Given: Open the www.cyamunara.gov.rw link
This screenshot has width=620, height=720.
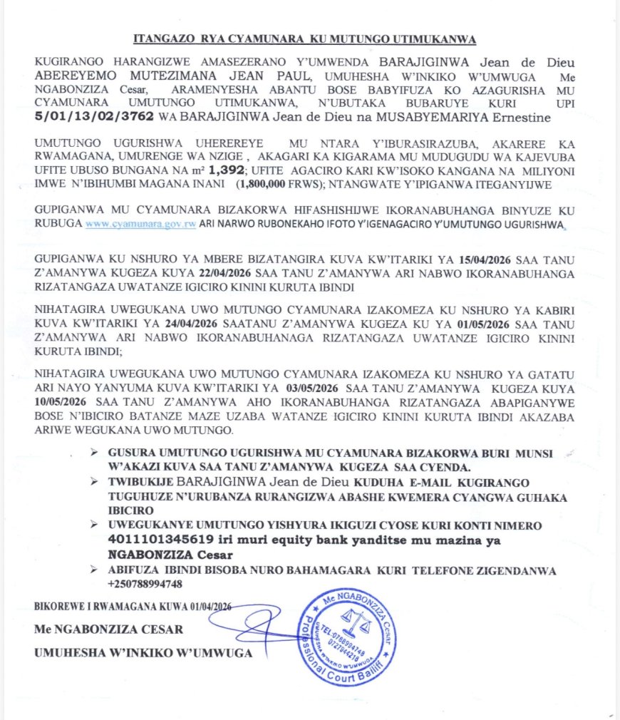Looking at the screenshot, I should (x=140, y=222).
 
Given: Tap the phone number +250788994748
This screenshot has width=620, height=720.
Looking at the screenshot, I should (x=143, y=584).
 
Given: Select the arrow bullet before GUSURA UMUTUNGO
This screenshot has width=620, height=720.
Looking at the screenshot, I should (x=95, y=454).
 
